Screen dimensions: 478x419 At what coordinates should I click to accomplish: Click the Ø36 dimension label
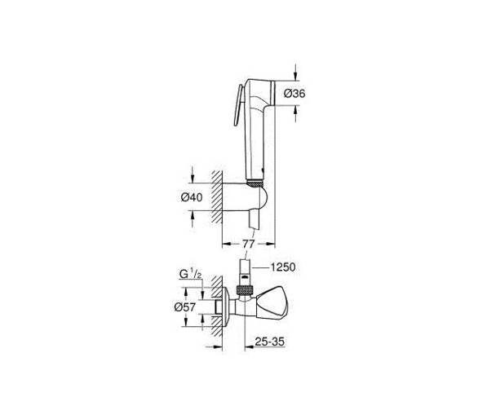click(x=294, y=93)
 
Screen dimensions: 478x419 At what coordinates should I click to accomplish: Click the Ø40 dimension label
click(x=192, y=197)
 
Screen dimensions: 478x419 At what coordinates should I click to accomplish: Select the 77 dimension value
click(x=249, y=244)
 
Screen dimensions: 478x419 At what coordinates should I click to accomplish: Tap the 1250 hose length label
click(x=283, y=267)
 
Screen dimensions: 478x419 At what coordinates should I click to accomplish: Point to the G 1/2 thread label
click(x=190, y=274)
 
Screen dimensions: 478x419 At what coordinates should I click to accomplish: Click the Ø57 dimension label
click(x=184, y=307)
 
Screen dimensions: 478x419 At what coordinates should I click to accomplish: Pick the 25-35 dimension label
click(x=269, y=342)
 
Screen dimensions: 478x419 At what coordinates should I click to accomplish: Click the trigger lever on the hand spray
click(x=238, y=105)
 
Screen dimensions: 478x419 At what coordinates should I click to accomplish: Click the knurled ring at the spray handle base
click(x=255, y=183)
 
